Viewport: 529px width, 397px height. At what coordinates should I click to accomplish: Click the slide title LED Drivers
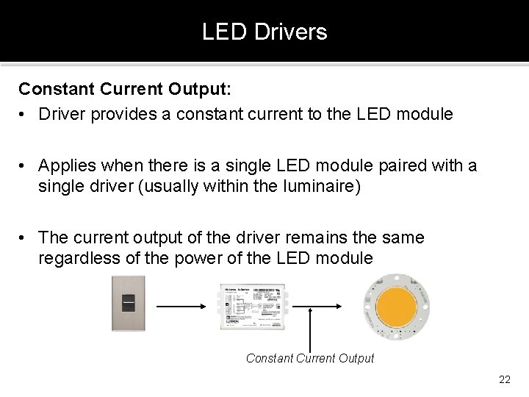[x=264, y=32]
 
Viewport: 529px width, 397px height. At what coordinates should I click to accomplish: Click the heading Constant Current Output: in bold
[x=125, y=89]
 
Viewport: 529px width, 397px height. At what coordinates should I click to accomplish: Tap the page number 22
[x=504, y=379]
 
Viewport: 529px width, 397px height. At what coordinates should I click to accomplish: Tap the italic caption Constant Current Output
[x=310, y=358]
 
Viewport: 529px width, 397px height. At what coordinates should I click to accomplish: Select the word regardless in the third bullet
[x=79, y=258]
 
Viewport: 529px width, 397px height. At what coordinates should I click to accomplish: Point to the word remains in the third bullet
[x=299, y=238]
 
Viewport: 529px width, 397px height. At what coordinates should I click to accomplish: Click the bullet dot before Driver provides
[x=24, y=115]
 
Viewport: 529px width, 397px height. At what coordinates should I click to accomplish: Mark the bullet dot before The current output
[x=24, y=238]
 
